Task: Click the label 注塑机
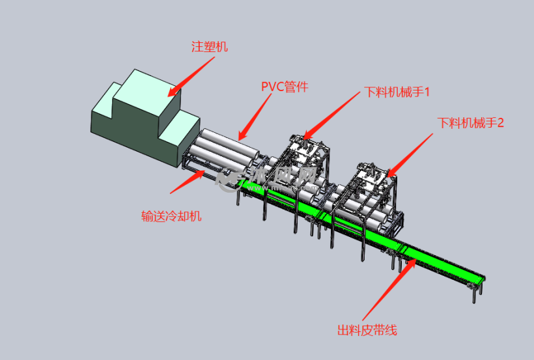(209, 47)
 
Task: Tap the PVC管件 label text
(284, 87)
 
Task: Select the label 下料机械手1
(397, 92)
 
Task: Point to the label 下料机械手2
(471, 122)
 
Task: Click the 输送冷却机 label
(171, 216)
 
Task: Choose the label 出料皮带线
(367, 330)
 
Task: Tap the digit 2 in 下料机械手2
(500, 122)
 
